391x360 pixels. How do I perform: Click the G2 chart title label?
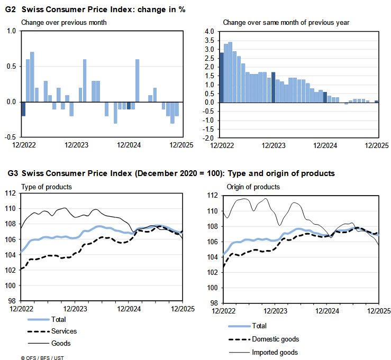tap(96, 10)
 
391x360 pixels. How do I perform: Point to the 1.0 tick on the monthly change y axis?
tap(11, 31)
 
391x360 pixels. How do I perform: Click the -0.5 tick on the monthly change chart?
tap(10, 136)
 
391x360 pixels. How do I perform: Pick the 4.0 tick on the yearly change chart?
tap(208, 32)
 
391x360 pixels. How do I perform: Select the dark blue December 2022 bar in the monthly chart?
tap(23, 108)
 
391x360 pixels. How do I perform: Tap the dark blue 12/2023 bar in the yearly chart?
tap(274, 87)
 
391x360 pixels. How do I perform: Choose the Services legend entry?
tap(64, 331)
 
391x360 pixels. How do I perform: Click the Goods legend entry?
tap(61, 343)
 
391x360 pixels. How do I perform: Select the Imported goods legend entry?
tap(275, 352)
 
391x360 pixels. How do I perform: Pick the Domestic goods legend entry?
tap(276, 339)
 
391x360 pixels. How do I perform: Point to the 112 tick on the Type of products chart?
tap(11, 193)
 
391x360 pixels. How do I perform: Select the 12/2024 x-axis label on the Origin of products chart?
tap(326, 311)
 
